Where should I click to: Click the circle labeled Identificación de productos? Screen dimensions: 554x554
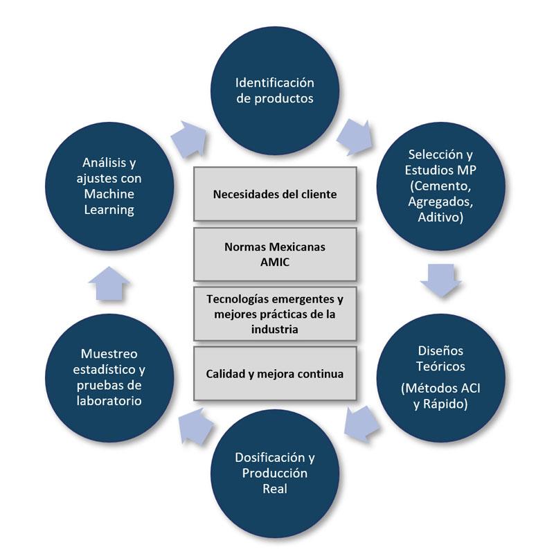coord(274,91)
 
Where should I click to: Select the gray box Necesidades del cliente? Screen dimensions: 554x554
coord(275,194)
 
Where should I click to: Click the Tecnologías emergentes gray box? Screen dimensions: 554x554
coord(275,313)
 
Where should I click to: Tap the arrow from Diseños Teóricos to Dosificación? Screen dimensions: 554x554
coord(360,418)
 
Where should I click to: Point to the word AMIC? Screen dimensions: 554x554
coord(275,262)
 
